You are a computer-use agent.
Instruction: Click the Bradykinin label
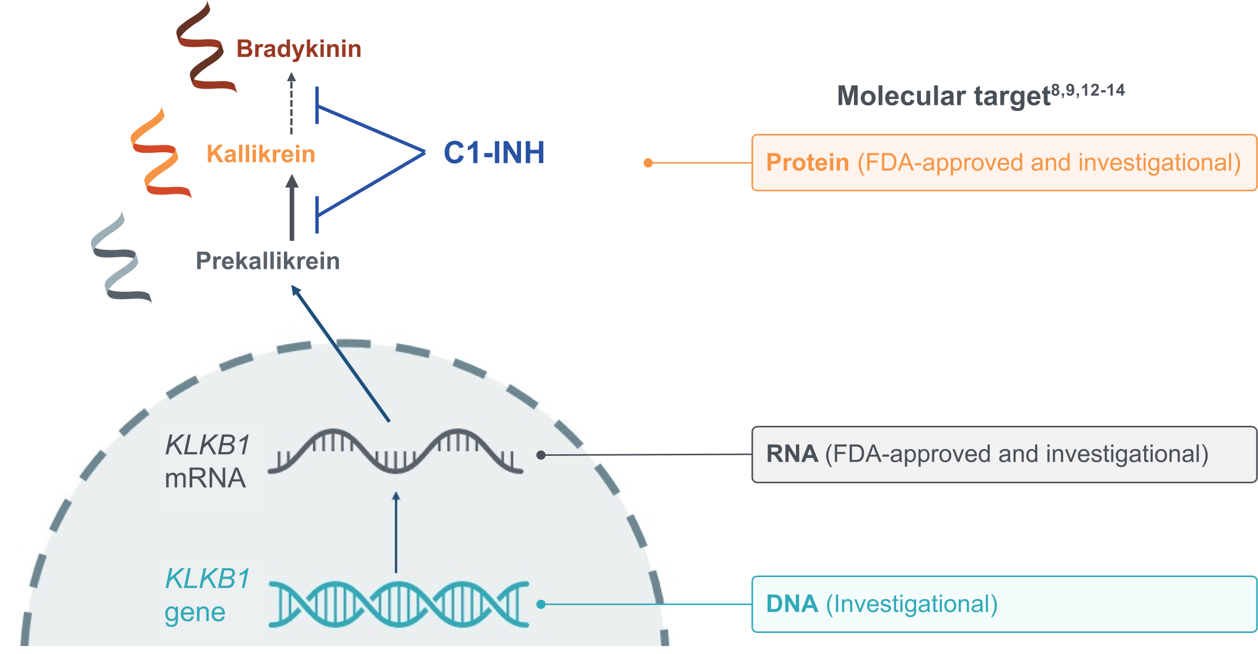point(299,49)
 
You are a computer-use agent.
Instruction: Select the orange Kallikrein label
point(260,154)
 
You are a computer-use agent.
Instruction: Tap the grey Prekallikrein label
point(268,261)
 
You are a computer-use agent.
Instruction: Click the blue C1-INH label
point(494,153)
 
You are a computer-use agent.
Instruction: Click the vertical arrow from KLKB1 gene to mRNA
point(396,532)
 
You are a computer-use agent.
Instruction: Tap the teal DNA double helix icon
point(398,604)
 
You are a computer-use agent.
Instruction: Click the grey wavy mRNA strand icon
point(395,452)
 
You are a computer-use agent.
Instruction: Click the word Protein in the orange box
point(807,162)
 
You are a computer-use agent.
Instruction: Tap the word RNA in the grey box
point(792,454)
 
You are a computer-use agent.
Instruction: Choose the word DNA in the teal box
point(792,604)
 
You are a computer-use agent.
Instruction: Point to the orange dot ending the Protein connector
point(648,163)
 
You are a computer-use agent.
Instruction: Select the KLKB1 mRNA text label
point(207,462)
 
